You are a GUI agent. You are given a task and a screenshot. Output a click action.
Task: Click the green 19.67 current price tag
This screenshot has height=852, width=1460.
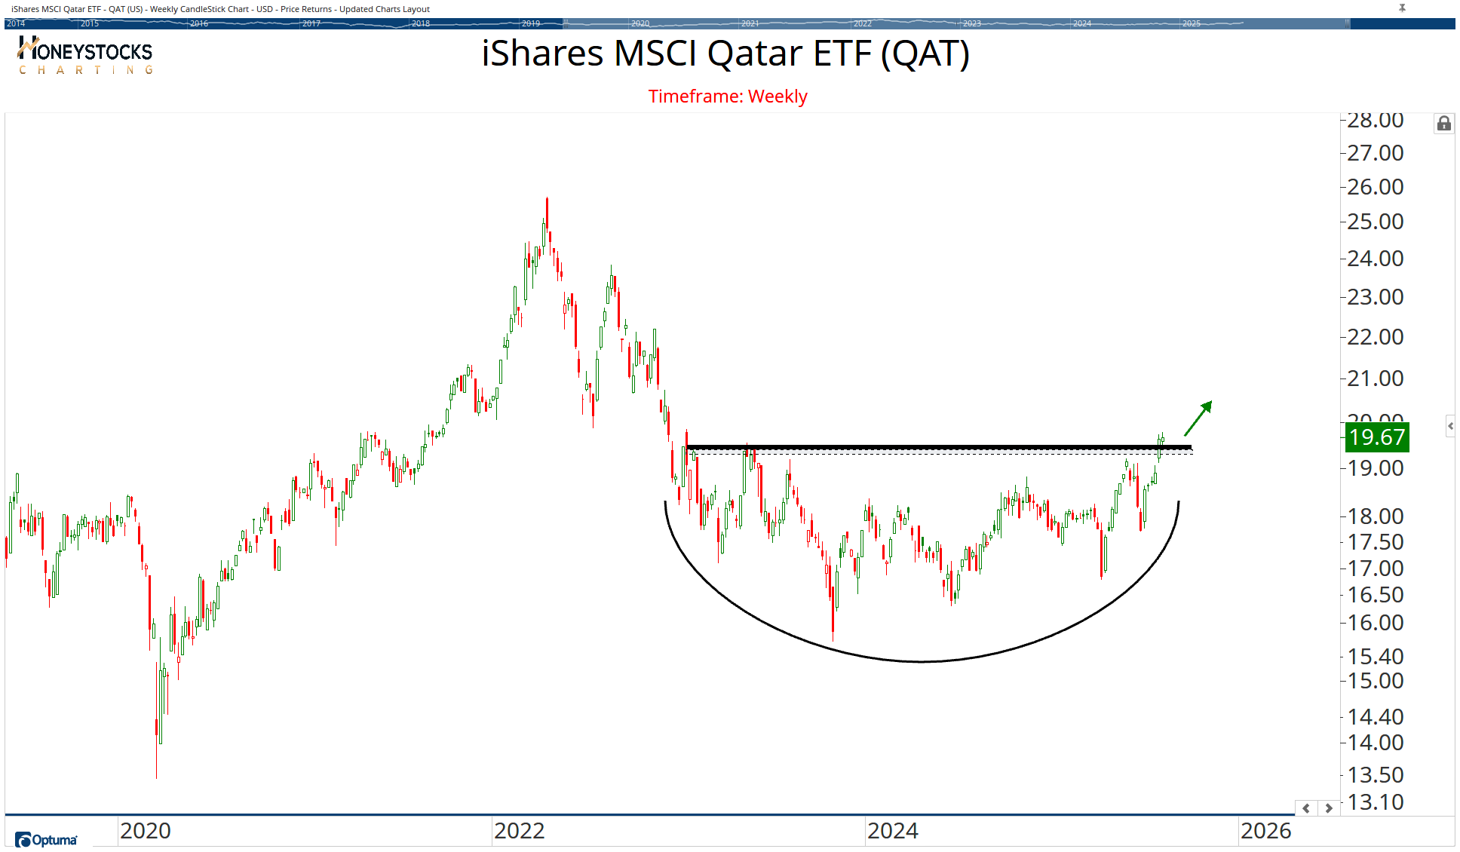tap(1377, 437)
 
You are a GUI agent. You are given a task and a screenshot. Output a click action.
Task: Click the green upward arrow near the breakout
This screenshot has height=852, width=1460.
tap(1198, 418)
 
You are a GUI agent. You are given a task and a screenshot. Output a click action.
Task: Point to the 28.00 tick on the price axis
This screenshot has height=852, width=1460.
tap(1375, 120)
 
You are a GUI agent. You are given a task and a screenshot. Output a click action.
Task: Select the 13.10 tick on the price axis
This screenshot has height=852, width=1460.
tap(1375, 802)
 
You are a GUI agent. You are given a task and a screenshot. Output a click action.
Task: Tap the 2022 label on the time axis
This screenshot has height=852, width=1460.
tap(519, 831)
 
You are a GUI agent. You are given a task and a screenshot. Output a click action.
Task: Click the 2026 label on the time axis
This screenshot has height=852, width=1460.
tap(1265, 831)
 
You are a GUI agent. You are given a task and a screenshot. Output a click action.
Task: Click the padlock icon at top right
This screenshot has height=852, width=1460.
tap(1443, 124)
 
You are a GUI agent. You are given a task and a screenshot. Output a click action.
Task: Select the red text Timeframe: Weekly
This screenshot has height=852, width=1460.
tap(728, 97)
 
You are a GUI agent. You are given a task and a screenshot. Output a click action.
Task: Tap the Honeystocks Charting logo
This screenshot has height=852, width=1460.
tap(85, 56)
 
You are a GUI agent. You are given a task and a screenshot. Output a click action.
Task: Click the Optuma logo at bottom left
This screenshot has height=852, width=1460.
tap(46, 840)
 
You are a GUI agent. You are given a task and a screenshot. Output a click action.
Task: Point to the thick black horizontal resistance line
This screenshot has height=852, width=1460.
tap(939, 447)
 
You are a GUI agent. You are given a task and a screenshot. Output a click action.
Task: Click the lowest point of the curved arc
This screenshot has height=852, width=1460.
tap(922, 661)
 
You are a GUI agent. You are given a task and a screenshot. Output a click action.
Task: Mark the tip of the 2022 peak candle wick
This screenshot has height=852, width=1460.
tap(547, 198)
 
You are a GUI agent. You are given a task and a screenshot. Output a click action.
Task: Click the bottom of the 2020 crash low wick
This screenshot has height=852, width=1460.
tap(156, 777)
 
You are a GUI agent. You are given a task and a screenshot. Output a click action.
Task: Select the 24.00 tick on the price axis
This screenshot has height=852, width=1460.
tap(1375, 259)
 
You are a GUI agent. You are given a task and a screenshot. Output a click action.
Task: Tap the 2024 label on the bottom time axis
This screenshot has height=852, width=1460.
tap(892, 831)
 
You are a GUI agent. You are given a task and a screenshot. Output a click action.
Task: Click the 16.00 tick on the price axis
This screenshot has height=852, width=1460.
tap(1375, 623)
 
